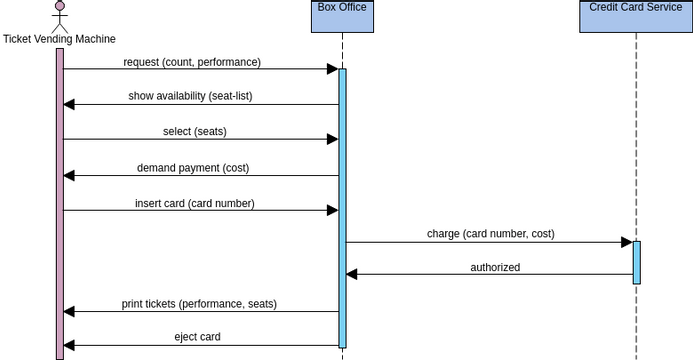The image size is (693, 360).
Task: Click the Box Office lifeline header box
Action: pyautogui.click(x=342, y=16)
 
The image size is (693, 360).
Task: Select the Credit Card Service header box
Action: pyautogui.click(x=636, y=16)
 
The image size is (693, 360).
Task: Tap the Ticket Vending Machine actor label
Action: pyautogui.click(x=59, y=39)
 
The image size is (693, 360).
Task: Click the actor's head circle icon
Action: pyautogui.click(x=60, y=7)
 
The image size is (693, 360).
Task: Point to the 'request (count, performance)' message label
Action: pyautogui.click(x=192, y=62)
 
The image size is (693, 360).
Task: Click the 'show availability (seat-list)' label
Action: pyautogui.click(x=196, y=96)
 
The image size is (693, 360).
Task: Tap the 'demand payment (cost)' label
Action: pyautogui.click(x=193, y=167)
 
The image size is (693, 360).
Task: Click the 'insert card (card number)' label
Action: pyautogui.click(x=195, y=203)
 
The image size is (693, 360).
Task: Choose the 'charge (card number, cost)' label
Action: pyautogui.click(x=490, y=234)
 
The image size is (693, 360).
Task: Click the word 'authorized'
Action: pyautogui.click(x=495, y=267)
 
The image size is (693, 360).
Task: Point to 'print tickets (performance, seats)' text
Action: pyautogui.click(x=199, y=303)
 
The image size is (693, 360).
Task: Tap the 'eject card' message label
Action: pyautogui.click(x=197, y=337)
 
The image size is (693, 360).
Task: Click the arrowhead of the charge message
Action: pyautogui.click(x=626, y=242)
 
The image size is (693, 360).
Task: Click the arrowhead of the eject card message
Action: pyautogui.click(x=69, y=345)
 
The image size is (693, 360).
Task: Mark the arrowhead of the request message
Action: pyautogui.click(x=332, y=69)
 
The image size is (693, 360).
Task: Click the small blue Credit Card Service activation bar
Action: pyautogui.click(x=636, y=262)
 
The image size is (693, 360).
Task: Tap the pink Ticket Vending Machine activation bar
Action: pyautogui.click(x=60, y=200)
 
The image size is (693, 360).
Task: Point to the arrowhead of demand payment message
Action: pyautogui.click(x=69, y=176)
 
